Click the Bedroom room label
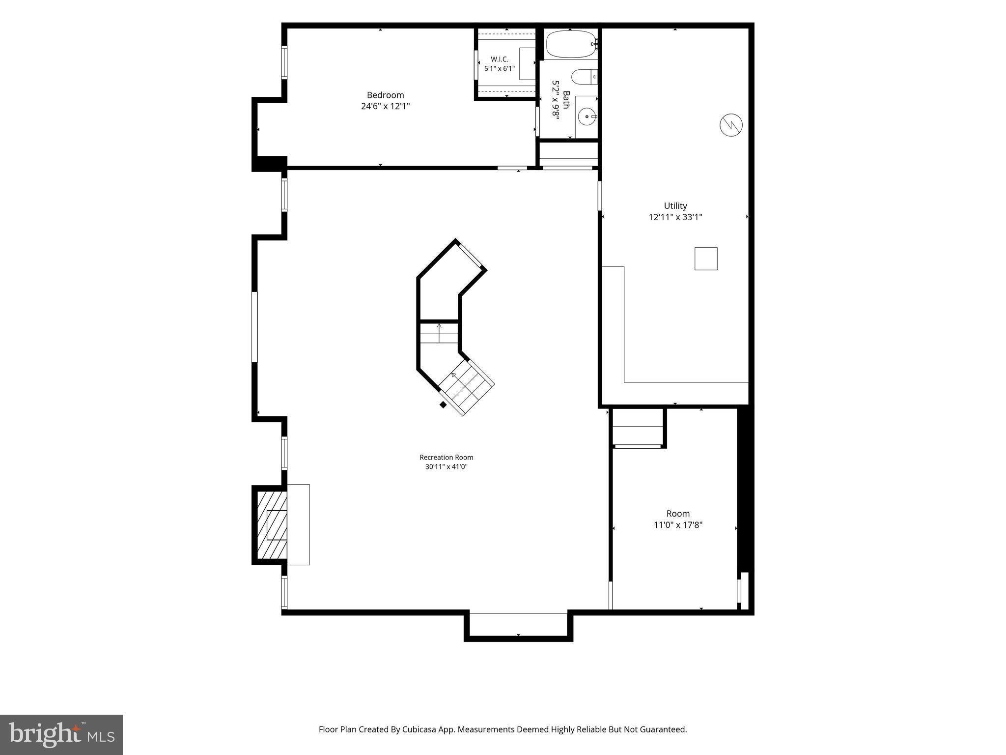[x=385, y=95]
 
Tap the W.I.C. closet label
[x=500, y=59]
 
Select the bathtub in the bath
[x=570, y=45]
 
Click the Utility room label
[x=675, y=205]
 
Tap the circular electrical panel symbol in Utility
[x=731, y=125]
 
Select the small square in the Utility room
[x=706, y=259]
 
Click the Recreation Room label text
[x=446, y=457]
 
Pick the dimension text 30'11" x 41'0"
[x=446, y=466]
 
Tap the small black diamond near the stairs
[x=443, y=405]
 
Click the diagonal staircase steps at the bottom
[x=466, y=387]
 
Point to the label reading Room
[x=678, y=513]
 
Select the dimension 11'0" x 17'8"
[x=678, y=524]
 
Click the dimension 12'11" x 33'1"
[x=675, y=217]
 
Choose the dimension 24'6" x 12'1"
[x=385, y=106]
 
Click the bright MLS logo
[x=61, y=735]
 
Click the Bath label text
[x=566, y=100]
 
